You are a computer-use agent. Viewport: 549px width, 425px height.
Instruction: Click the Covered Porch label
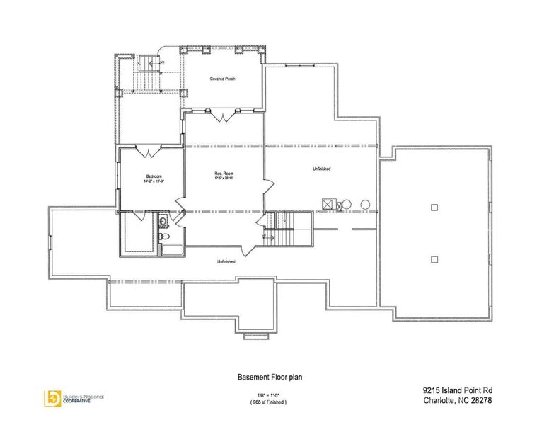tap(222, 79)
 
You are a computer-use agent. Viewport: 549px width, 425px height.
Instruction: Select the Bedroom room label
tap(154, 176)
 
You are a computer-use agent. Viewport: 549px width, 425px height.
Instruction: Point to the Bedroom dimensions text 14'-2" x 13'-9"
tap(154, 181)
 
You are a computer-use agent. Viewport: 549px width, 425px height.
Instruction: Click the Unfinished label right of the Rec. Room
tap(321, 169)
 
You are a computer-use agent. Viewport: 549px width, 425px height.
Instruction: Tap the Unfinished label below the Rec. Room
tap(226, 261)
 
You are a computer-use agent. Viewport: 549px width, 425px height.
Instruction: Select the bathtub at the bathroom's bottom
tap(171, 249)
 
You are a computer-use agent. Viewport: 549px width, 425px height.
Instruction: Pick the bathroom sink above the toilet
tap(164, 222)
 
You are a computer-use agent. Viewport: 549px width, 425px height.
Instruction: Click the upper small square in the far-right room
tap(434, 207)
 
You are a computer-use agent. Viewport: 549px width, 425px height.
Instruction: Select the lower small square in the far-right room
tap(434, 259)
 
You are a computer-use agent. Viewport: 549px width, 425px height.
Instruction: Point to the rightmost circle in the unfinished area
tap(365, 205)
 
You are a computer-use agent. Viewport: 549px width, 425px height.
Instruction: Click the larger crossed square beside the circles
tap(328, 205)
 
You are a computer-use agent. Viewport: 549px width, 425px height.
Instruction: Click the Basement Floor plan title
tap(262, 379)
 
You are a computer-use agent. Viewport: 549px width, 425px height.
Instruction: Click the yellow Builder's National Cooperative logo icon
tap(52, 397)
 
